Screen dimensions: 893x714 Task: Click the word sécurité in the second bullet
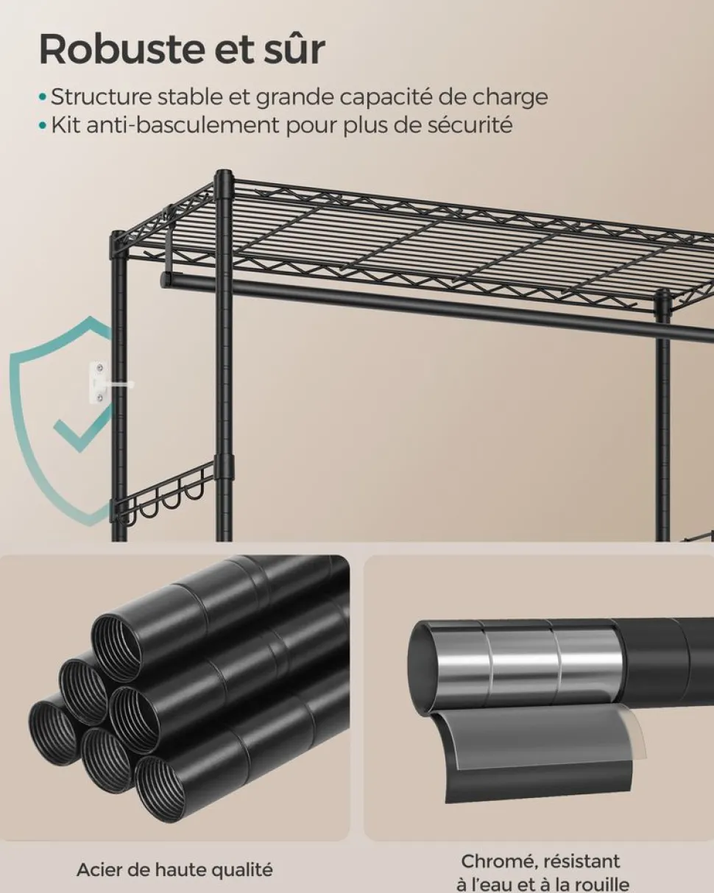pyautogui.click(x=470, y=125)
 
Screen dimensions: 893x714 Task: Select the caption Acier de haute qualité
pyautogui.click(x=174, y=869)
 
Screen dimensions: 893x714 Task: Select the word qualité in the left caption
pyautogui.click(x=244, y=869)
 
